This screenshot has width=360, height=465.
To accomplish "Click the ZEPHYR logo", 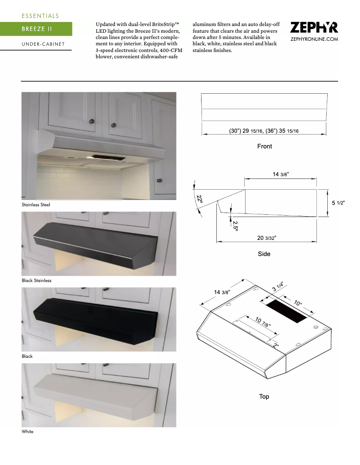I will [x=314, y=28].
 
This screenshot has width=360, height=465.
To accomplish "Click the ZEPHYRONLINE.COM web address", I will [x=314, y=39].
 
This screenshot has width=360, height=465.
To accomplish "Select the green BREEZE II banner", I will [x=36, y=29].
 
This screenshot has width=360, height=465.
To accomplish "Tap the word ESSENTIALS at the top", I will [x=40, y=16].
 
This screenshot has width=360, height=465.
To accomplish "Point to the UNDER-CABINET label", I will [x=43, y=44].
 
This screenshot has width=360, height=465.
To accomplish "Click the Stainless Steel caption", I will [x=36, y=204].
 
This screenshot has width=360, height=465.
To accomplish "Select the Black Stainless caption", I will [x=36, y=280].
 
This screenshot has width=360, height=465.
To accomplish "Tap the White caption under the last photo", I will [x=27, y=431].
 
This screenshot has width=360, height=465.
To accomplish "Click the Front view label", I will [x=264, y=146].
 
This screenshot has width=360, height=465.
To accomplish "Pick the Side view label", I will [x=264, y=254].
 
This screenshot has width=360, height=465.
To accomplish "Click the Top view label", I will [x=264, y=396].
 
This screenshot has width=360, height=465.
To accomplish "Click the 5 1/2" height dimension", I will [x=338, y=203].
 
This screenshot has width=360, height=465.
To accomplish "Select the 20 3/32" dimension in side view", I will [x=267, y=238].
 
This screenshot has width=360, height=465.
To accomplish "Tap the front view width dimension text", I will [x=264, y=130].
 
